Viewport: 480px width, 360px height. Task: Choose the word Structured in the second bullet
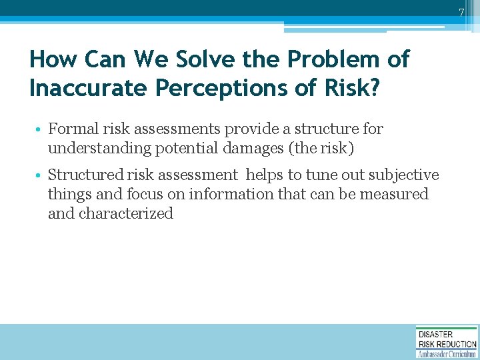(x=86, y=175)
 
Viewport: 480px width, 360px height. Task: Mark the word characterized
(x=126, y=213)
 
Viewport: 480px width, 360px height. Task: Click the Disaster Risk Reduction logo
(x=447, y=342)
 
